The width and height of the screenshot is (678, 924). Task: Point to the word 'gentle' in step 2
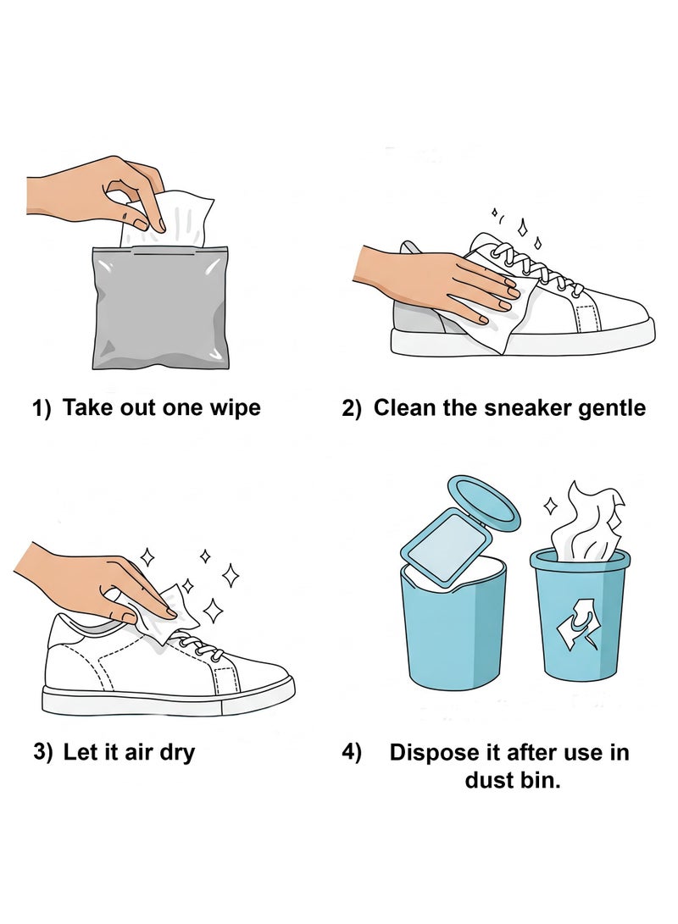click(x=610, y=408)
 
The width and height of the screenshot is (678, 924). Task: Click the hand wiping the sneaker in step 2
click(x=441, y=279)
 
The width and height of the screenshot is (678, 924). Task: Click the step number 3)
click(x=43, y=752)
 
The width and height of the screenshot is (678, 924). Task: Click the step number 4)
click(x=352, y=752)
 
